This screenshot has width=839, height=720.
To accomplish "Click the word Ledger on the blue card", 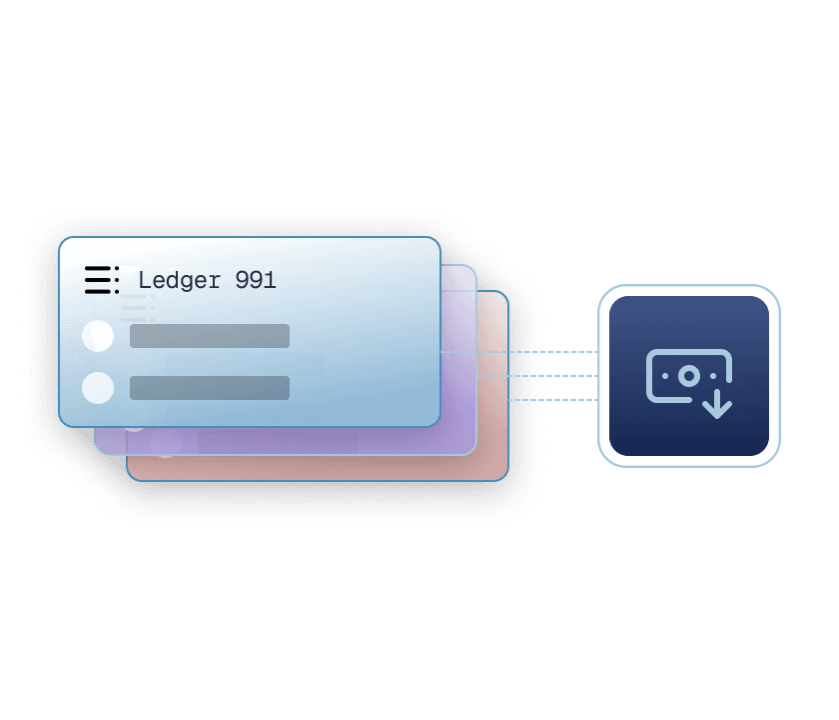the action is pyautogui.click(x=179, y=281).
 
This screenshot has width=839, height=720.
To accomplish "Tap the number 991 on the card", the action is pyautogui.click(x=256, y=280).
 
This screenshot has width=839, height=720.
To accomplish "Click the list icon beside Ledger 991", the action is pyautogui.click(x=102, y=280).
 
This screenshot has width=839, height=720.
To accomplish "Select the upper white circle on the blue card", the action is pyautogui.click(x=98, y=336).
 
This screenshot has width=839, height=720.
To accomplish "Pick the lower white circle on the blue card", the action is pyautogui.click(x=98, y=387).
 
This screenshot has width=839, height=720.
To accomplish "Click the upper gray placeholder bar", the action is pyautogui.click(x=210, y=336).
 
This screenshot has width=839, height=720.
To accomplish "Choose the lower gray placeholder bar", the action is pyautogui.click(x=210, y=388).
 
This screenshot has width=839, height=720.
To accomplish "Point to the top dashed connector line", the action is pyautogui.click(x=519, y=352).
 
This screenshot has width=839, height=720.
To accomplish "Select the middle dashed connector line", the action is pyautogui.click(x=537, y=376).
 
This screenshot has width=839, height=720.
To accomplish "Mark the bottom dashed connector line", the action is pyautogui.click(x=552, y=400).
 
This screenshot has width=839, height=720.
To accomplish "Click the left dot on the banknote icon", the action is pyautogui.click(x=665, y=376).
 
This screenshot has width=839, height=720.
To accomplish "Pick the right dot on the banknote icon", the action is pyautogui.click(x=713, y=376).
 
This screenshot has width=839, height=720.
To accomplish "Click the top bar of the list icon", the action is pyautogui.click(x=98, y=268).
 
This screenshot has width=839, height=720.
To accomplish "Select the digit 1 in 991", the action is pyautogui.click(x=270, y=280).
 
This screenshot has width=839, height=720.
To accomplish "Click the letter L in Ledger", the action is pyautogui.click(x=145, y=280).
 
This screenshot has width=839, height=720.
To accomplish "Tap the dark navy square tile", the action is pyautogui.click(x=689, y=376).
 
